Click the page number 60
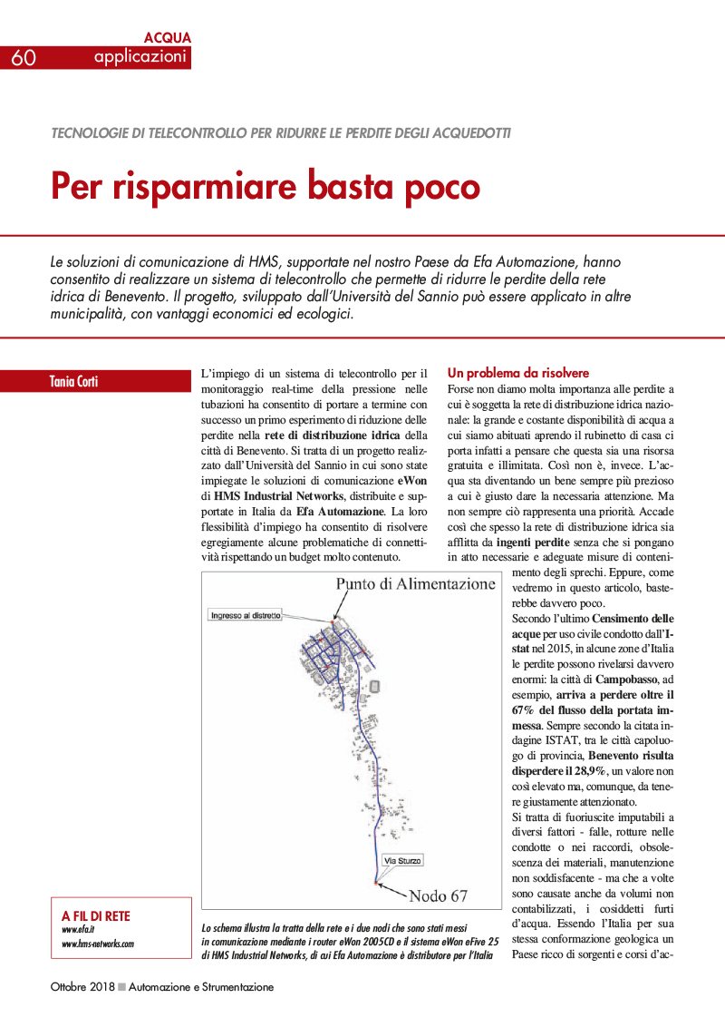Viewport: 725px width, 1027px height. (x=24, y=58)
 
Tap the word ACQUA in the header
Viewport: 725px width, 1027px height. (x=168, y=38)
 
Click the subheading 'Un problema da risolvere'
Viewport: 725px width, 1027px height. (x=518, y=373)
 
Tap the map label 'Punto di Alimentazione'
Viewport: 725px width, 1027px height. (x=416, y=584)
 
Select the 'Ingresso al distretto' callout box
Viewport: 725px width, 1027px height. (x=246, y=615)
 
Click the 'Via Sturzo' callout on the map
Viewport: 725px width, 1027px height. (x=402, y=860)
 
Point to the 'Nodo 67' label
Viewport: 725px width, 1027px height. (x=438, y=895)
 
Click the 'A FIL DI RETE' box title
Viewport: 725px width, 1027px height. (x=96, y=915)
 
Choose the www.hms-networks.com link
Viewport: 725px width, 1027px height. (x=98, y=944)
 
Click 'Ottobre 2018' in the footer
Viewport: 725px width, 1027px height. (x=82, y=987)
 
